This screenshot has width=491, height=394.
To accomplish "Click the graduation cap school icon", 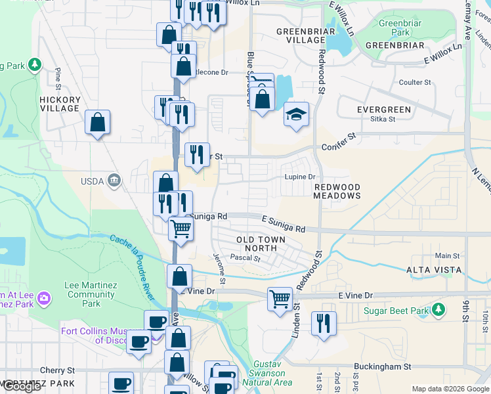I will (x=296, y=114).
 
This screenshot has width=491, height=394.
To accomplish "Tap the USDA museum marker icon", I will (x=114, y=179).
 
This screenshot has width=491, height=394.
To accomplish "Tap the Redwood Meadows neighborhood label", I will (x=337, y=191).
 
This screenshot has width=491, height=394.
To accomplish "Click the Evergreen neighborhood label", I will (x=384, y=109).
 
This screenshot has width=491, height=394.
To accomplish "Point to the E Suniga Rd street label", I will (x=283, y=224).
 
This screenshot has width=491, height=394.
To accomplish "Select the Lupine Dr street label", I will (x=300, y=177).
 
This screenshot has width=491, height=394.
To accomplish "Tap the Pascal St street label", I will (x=247, y=258).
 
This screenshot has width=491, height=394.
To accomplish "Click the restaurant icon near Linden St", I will (x=324, y=323).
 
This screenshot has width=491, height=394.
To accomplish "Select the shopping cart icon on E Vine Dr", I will (x=280, y=299).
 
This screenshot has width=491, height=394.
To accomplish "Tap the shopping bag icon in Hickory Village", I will (x=97, y=122).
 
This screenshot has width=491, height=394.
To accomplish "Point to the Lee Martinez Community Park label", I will (x=91, y=294).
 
